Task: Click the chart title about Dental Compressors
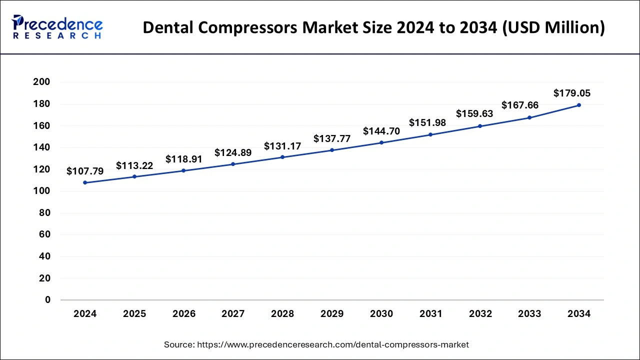[373, 28]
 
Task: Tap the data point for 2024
[85, 182]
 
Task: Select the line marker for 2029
[332, 150]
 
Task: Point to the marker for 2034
[579, 105]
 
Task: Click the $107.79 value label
[85, 171]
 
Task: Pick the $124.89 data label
[233, 152]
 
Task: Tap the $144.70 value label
[381, 131]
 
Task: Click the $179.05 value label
[572, 93]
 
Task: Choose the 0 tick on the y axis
[48, 300]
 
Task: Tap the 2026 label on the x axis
[184, 314]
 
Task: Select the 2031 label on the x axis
[431, 314]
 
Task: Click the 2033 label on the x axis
[529, 314]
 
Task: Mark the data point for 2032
[480, 126]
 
